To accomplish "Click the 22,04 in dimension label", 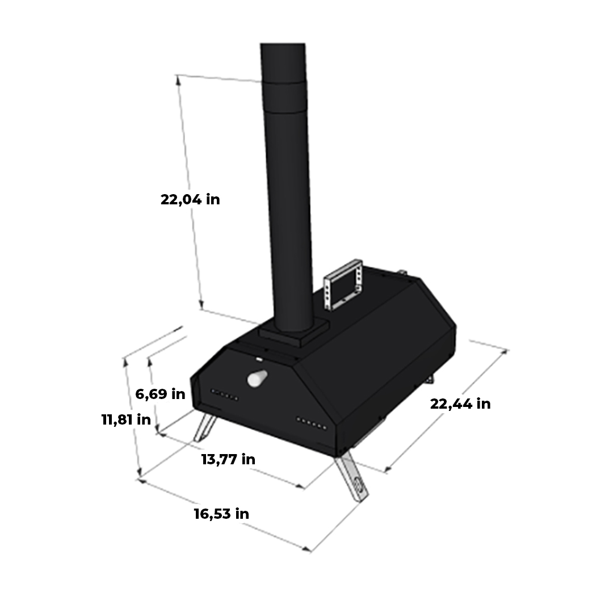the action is tap(190, 199).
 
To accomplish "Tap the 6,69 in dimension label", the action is tap(160, 394).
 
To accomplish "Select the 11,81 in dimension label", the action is tap(126, 419).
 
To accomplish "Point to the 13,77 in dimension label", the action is tap(228, 459).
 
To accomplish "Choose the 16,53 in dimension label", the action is tap(221, 513).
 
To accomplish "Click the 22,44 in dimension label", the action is tap(460, 404).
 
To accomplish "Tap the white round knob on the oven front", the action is tap(257, 378).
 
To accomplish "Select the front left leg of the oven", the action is tap(205, 427).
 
